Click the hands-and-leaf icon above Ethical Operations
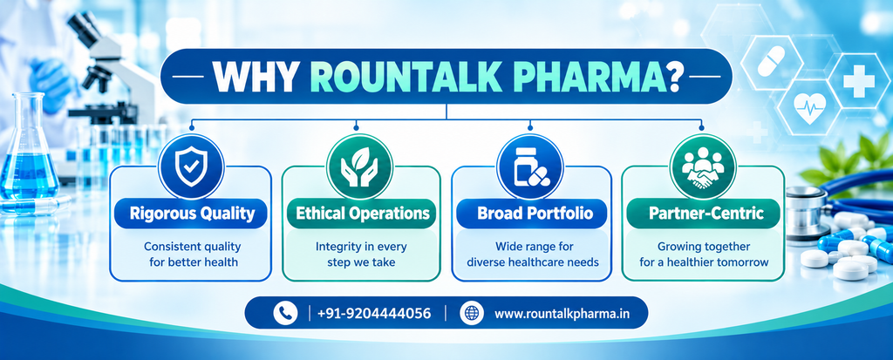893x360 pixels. tap(359, 166)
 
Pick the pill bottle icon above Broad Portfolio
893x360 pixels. tap(529, 166)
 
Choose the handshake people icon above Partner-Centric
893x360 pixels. tap(701, 166)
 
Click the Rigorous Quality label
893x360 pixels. tap(191, 214)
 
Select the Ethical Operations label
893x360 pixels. tap(362, 214)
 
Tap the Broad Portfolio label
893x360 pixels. tap(535, 214)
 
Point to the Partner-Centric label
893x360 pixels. tap(706, 214)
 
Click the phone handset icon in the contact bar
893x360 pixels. tap(285, 313)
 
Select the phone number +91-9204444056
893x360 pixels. tap(374, 313)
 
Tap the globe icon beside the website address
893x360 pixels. tap(472, 313)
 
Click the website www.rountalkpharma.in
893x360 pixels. tap(562, 313)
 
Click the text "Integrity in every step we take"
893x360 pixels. tap(360, 255)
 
